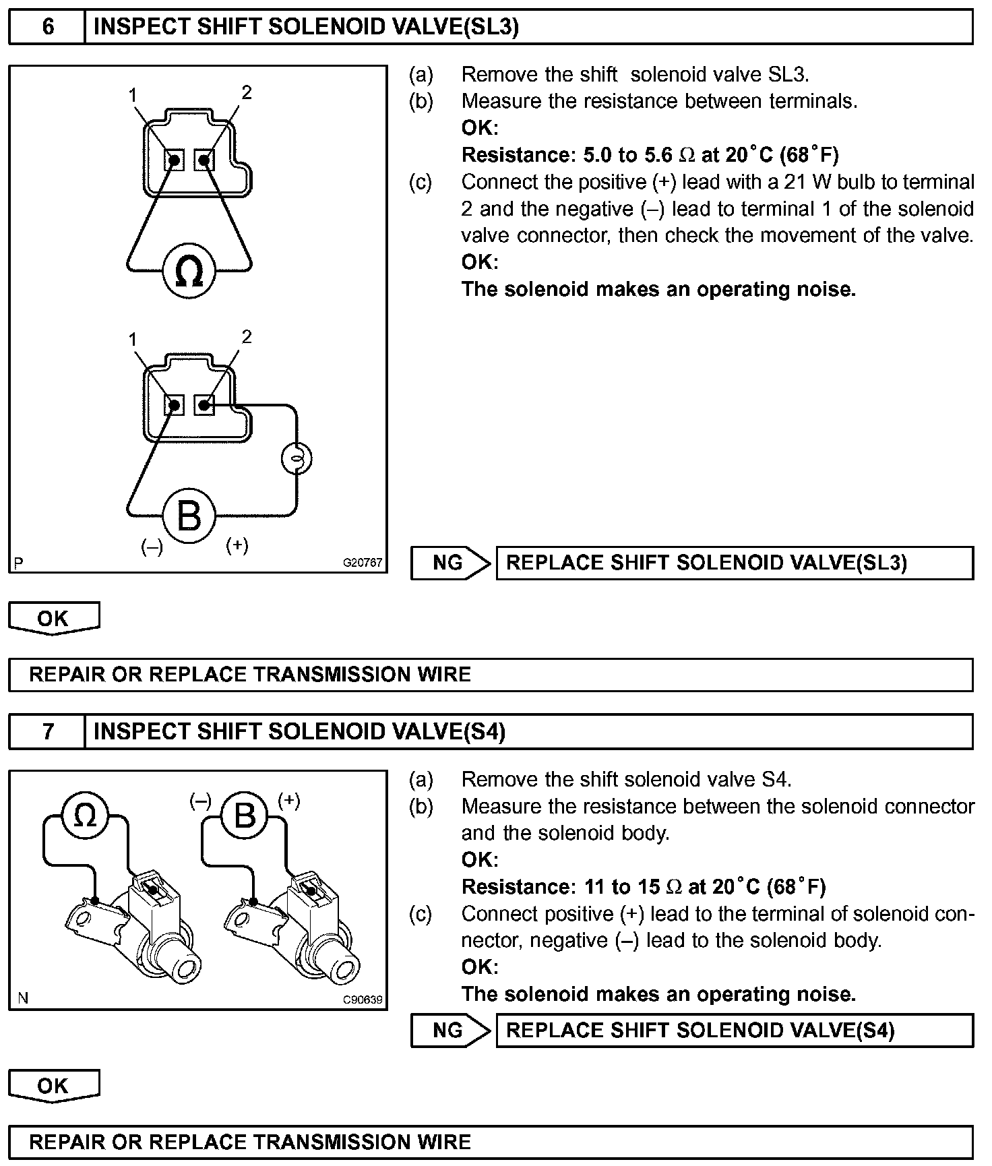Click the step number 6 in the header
pyautogui.click(x=48, y=27)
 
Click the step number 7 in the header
pyautogui.click(x=48, y=731)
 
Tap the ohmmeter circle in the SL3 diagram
pyautogui.click(x=189, y=271)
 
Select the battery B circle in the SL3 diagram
pyautogui.click(x=189, y=516)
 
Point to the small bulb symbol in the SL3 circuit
pyautogui.click(x=295, y=459)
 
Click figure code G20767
pyautogui.click(x=363, y=563)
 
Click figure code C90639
pyautogui.click(x=363, y=999)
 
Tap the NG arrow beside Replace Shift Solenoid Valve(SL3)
pyautogui.click(x=450, y=563)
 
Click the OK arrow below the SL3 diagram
pyautogui.click(x=53, y=618)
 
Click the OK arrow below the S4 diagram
pyautogui.click(x=53, y=1086)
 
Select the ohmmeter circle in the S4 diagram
pyautogui.click(x=85, y=816)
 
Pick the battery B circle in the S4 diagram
pyautogui.click(x=244, y=816)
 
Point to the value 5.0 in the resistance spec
pyautogui.click(x=597, y=155)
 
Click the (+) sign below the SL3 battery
pyautogui.click(x=237, y=545)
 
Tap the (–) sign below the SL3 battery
pyautogui.click(x=152, y=547)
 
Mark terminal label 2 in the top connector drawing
pyautogui.click(x=247, y=92)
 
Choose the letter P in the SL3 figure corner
pyautogui.click(x=18, y=563)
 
